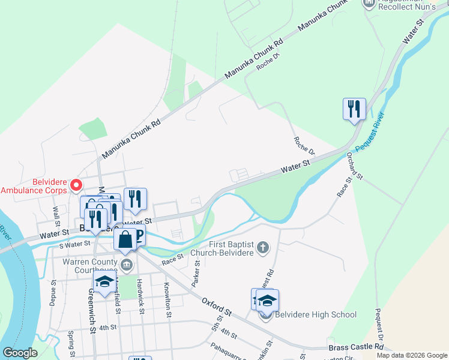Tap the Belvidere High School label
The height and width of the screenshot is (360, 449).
pos(316,314)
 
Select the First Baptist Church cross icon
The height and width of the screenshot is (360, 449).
pos(262,247)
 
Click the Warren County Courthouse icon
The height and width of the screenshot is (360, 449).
pos(126,265)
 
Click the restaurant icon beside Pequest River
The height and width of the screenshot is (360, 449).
pos(354,109)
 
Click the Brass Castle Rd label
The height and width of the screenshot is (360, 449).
pos(356,347)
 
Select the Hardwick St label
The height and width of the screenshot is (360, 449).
pos(140,293)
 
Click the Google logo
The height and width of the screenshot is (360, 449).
pos(20,352)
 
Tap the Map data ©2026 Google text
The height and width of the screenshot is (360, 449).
pos(411,355)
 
